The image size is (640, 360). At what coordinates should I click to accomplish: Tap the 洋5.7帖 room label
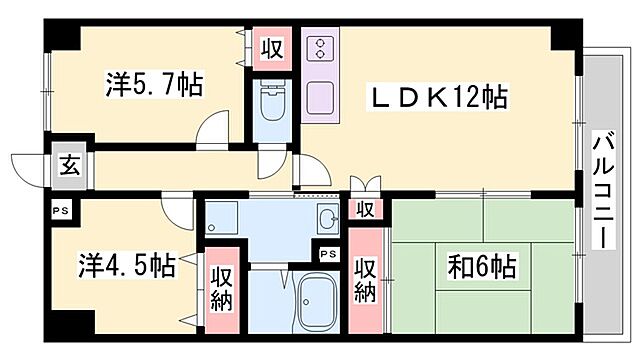[x=154, y=85]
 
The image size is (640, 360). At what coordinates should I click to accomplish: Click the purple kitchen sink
[x=322, y=98]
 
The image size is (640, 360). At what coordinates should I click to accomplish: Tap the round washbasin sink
[x=327, y=221]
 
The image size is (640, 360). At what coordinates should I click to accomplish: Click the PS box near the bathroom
[x=328, y=253]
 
